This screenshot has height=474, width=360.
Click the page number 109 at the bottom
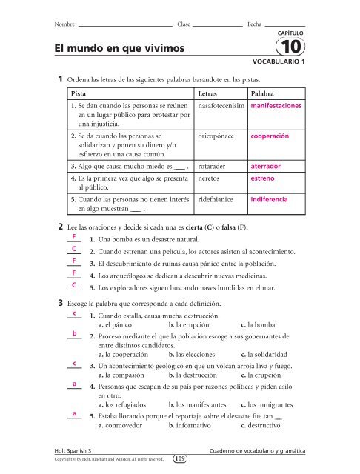(181, 460)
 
